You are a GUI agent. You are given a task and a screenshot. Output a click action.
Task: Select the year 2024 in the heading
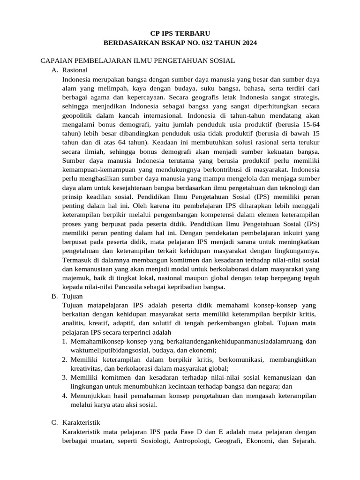click(247, 43)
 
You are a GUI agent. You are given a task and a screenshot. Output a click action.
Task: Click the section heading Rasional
click(75, 70)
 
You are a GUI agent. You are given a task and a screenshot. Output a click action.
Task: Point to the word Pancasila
click(136, 287)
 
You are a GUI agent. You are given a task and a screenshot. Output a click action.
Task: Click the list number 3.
click(65, 377)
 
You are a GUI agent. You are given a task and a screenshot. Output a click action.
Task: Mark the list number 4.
click(65, 396)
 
